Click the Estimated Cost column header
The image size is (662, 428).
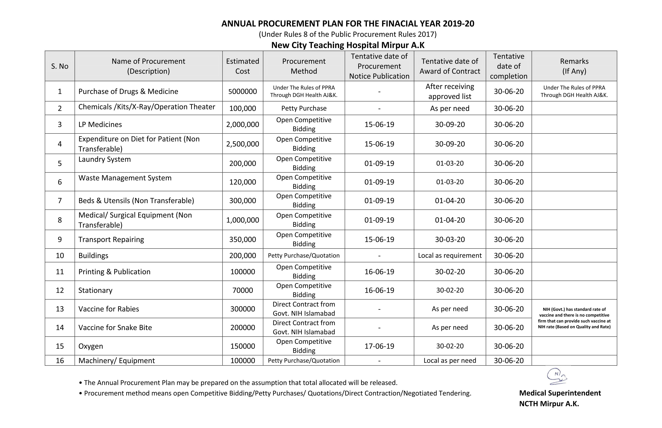[x=242, y=66]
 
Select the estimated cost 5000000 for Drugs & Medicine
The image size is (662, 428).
[x=242, y=91]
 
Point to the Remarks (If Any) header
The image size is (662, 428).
[x=574, y=66]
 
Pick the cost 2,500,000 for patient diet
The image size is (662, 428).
[x=242, y=144]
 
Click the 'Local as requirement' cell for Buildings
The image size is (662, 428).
[x=450, y=256]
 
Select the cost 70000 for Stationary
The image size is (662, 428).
[x=242, y=290]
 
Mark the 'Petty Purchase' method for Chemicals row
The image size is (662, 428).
[x=304, y=108]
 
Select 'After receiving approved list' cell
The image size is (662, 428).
[x=450, y=91]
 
